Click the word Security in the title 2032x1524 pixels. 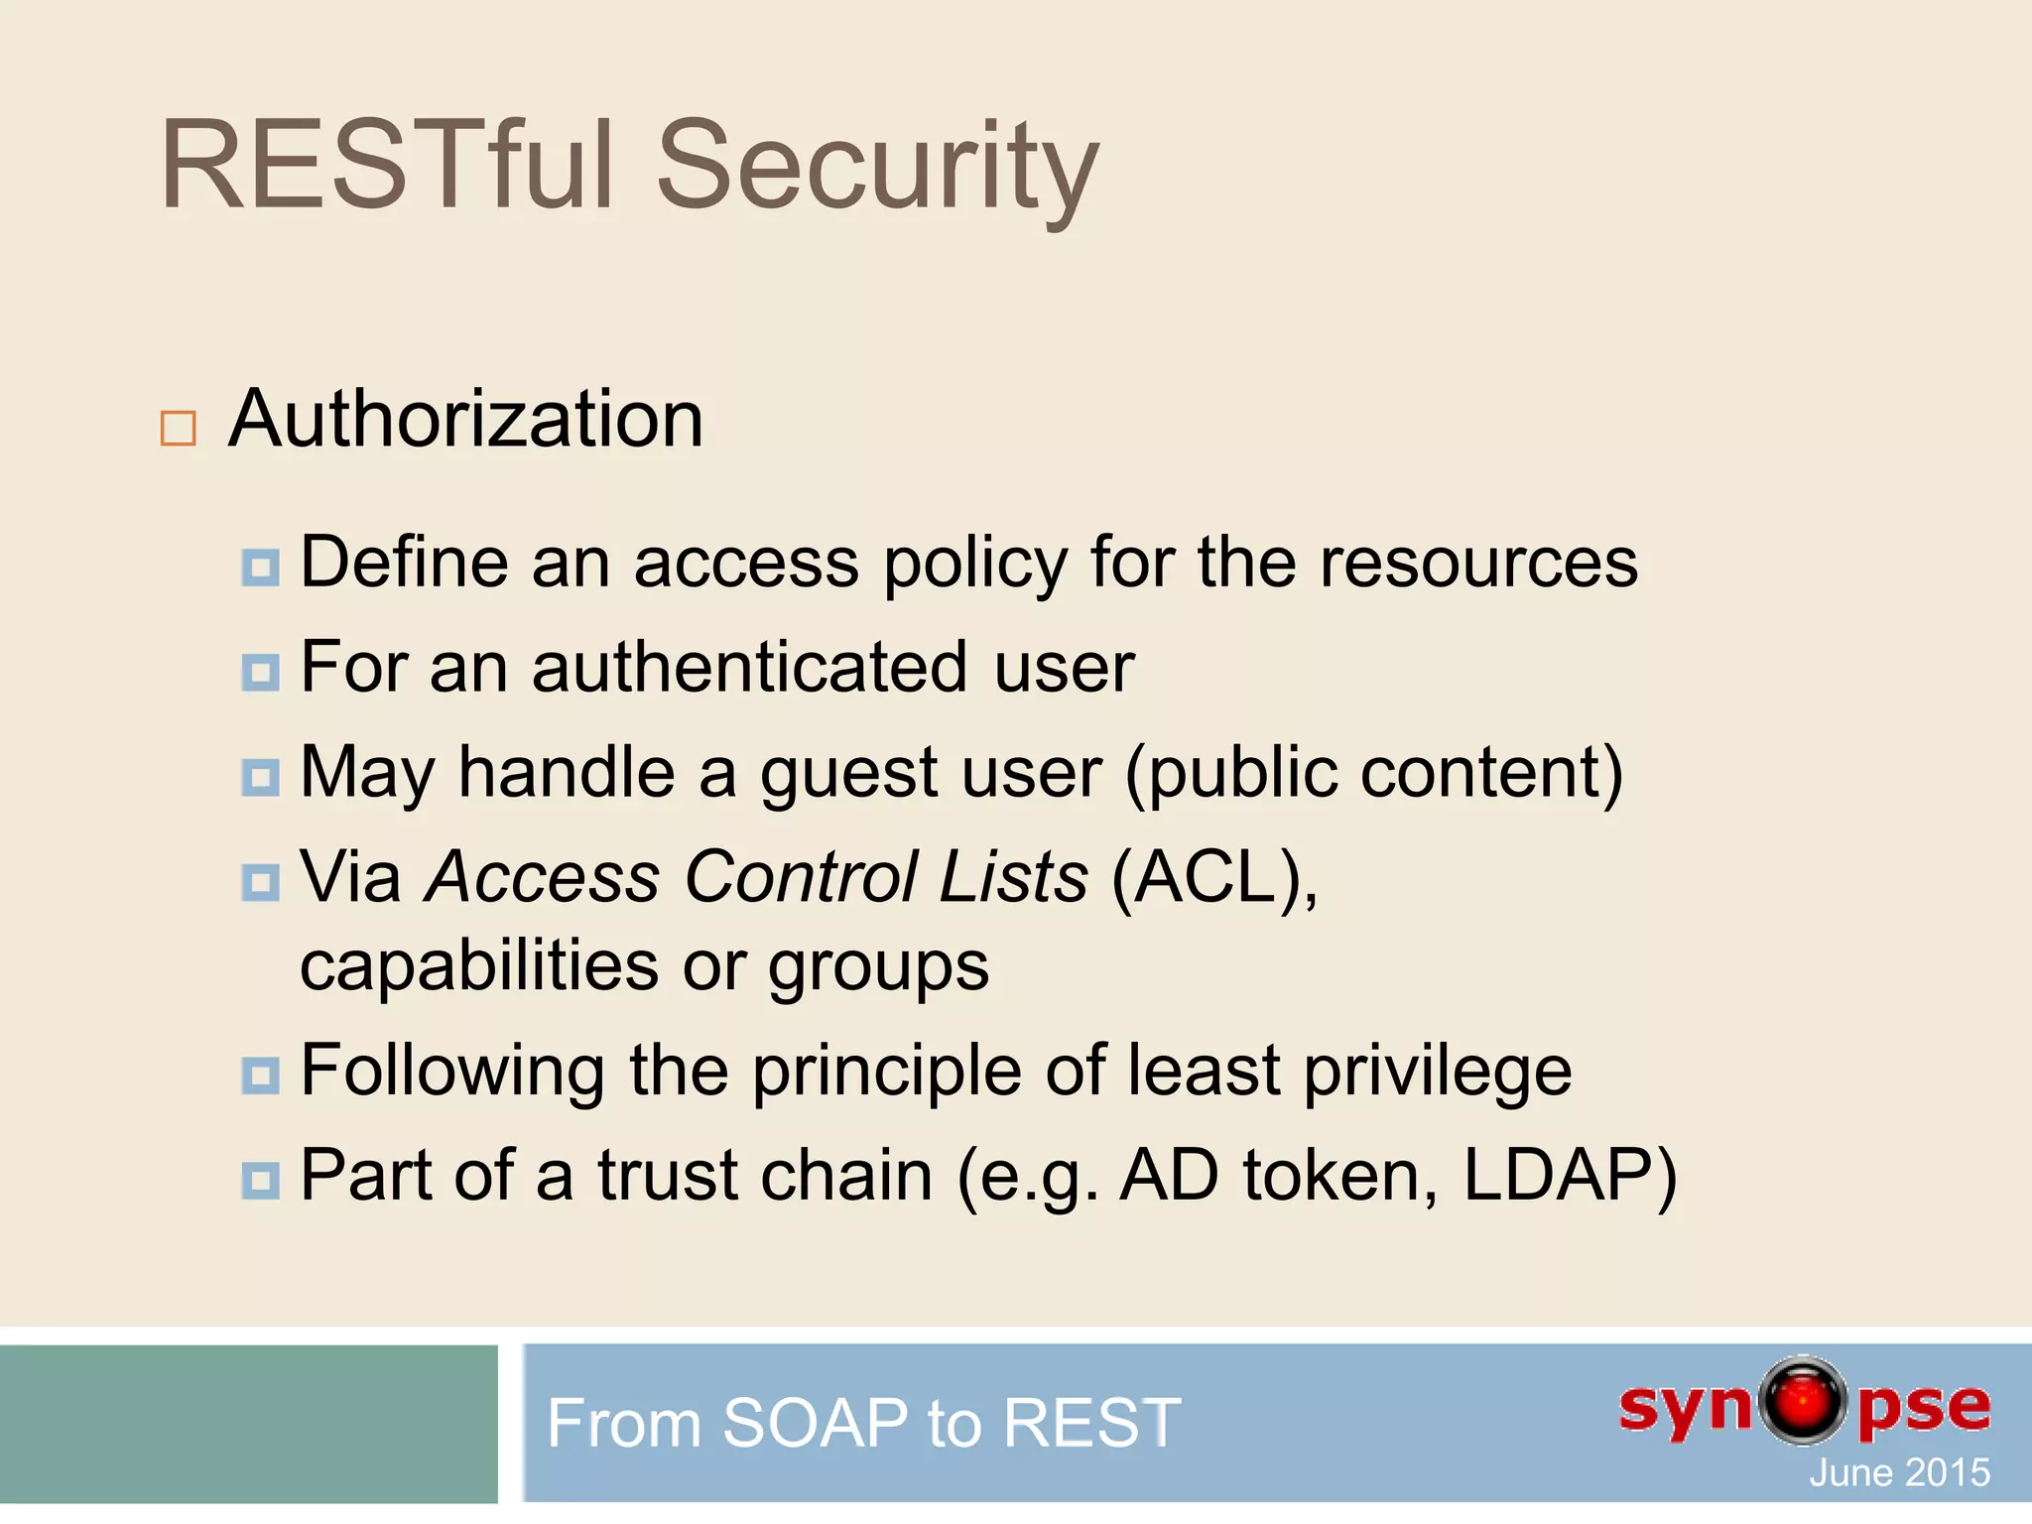[877, 167]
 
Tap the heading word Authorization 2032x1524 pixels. [465, 420]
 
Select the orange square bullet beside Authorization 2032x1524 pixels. [179, 428]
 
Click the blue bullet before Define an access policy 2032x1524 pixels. [261, 569]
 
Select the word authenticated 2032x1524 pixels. [749, 668]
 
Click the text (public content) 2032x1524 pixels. [1374, 774]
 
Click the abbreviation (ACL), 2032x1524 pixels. [1214, 877]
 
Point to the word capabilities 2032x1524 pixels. [479, 966]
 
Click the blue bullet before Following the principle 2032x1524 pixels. [261, 1075]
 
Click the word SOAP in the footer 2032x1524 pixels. [815, 1423]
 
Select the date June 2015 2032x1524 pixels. [1899, 1472]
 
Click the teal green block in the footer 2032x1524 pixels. [248, 1423]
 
